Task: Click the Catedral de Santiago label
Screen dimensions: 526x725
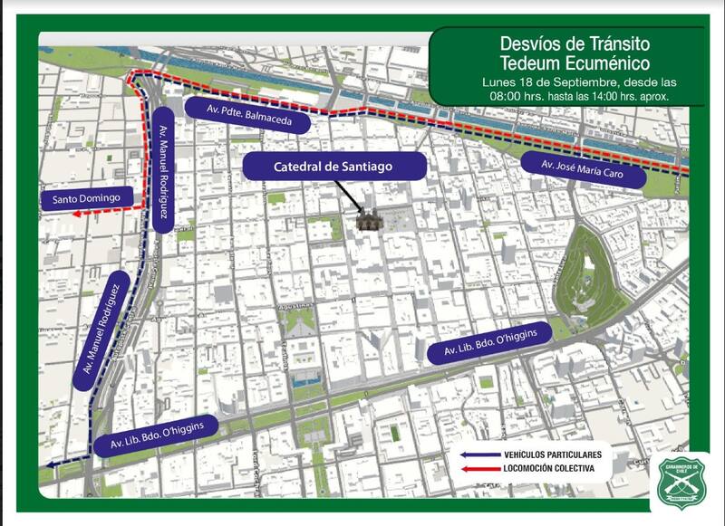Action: pyautogui.click(x=334, y=167)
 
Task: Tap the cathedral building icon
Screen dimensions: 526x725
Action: pyautogui.click(x=368, y=219)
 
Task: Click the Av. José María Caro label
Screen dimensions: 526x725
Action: pyautogui.click(x=584, y=169)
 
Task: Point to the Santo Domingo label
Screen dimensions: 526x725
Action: pyautogui.click(x=87, y=197)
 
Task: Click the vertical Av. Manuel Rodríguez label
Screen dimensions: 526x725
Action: pyautogui.click(x=163, y=171)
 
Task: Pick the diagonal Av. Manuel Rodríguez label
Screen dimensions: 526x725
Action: pyautogui.click(x=101, y=330)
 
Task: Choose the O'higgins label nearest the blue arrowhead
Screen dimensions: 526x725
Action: pyautogui.click(x=163, y=435)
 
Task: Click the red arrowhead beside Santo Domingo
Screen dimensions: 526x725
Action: pyautogui.click(x=79, y=215)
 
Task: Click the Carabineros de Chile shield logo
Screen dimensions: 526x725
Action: pyautogui.click(x=680, y=480)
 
